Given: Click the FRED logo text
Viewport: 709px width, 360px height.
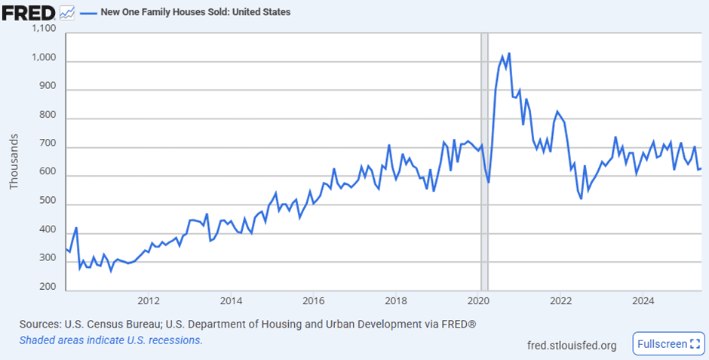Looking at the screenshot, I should [29, 13].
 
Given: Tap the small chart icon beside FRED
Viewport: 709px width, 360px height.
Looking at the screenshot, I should [67, 13].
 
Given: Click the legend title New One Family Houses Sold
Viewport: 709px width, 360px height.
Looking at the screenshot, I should [195, 13].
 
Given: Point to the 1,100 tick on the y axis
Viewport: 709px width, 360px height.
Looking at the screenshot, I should [45, 29].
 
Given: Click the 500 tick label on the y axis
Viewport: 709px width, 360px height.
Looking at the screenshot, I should [51, 205].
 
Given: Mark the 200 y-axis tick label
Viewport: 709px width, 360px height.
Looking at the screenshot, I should [51, 287].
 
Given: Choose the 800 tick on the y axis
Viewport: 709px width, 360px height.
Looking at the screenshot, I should [51, 119].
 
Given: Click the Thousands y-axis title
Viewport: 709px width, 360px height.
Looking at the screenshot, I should [15, 162].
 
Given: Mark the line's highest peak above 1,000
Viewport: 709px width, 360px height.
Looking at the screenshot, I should [509, 54].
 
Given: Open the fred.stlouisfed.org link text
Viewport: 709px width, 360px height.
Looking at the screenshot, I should [572, 346].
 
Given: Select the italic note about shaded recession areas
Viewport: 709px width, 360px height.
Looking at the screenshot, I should [111, 340].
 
